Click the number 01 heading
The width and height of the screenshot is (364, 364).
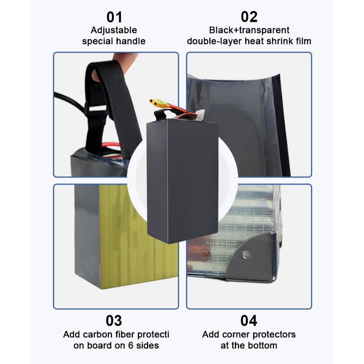[x=114, y=17]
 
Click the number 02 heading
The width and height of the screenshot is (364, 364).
[x=249, y=17]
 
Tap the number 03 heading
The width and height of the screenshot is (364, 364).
[x=114, y=321]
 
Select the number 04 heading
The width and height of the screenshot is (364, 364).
[x=248, y=321]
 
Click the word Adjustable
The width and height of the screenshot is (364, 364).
[x=114, y=30]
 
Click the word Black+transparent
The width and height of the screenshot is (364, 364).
[x=249, y=30]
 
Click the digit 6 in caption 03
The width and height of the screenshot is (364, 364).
[x=131, y=345]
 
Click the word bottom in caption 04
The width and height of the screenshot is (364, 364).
[x=263, y=345]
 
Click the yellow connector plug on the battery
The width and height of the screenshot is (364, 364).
[x=159, y=103]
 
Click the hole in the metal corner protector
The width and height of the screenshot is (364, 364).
[x=246, y=254]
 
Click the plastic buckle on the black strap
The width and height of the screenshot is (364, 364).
[x=97, y=108]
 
